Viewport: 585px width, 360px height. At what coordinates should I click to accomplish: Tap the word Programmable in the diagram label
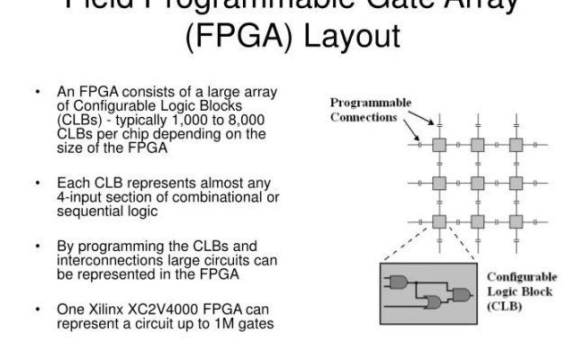click(x=371, y=103)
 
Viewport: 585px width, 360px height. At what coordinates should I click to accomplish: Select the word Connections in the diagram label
click(x=364, y=117)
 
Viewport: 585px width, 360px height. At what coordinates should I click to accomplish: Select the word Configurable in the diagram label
click(x=522, y=277)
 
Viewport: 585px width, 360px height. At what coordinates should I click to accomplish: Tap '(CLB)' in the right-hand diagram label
click(x=504, y=306)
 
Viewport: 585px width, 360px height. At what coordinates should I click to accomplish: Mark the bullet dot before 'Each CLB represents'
click(x=39, y=182)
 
